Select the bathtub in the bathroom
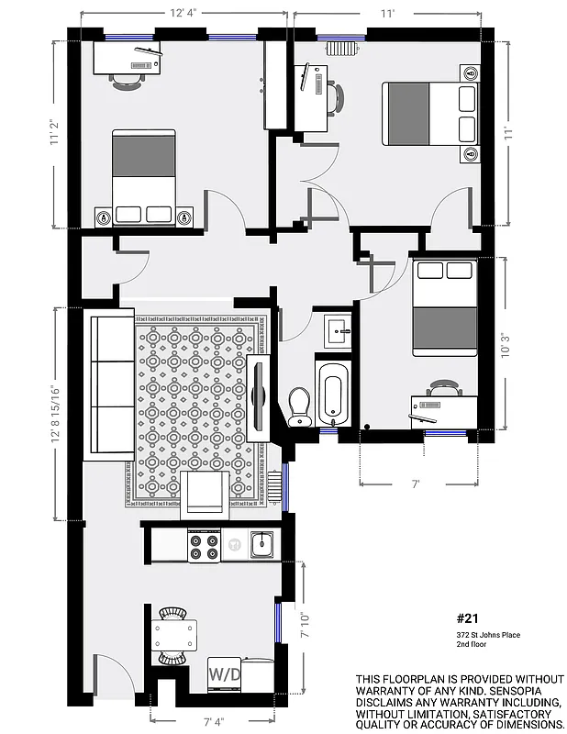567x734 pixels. coord(332,394)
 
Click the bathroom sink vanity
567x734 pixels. coord(337,329)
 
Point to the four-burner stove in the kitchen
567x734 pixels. coord(204,547)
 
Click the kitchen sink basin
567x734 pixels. coord(262,546)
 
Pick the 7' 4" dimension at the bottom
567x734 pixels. coord(213,724)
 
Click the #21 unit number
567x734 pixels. coord(467,619)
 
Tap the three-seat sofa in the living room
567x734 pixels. coord(109,385)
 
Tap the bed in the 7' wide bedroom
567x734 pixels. coord(444,309)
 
